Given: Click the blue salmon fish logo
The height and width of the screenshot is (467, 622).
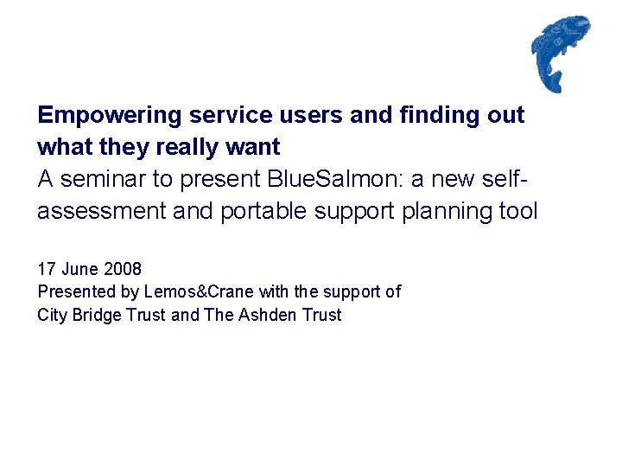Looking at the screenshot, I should (x=560, y=52).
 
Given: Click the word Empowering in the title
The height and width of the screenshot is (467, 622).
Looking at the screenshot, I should (x=110, y=115).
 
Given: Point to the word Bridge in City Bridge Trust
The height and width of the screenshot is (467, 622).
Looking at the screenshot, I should (x=98, y=315).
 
